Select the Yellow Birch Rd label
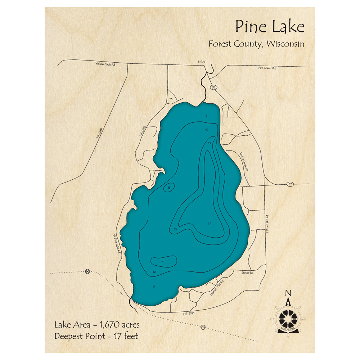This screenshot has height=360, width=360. (105, 64)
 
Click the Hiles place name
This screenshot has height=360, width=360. (201, 62)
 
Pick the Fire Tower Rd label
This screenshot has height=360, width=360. (267, 68)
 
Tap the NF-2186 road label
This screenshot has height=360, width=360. (99, 134)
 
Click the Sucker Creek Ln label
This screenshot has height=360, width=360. (244, 161)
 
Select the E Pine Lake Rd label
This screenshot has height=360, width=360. (267, 224)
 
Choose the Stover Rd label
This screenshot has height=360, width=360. (248, 273)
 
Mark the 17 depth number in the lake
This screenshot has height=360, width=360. (209, 224)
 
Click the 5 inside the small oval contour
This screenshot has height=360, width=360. (163, 262)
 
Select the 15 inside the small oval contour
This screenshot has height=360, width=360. (169, 187)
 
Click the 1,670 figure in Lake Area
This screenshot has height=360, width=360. (107, 325)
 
